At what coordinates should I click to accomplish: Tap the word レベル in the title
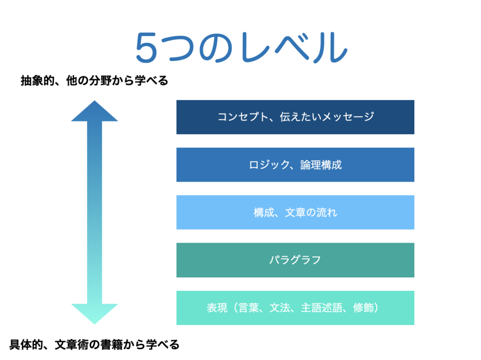click(x=295, y=47)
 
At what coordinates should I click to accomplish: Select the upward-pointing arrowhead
click(x=94, y=111)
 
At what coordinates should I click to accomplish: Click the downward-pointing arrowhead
click(x=94, y=314)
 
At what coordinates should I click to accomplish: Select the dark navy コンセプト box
click(x=295, y=117)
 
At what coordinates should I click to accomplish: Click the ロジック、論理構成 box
click(x=295, y=165)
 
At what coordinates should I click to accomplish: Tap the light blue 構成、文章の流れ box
click(x=295, y=212)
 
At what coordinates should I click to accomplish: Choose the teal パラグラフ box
click(x=295, y=260)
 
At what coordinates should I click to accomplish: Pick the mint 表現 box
click(x=295, y=308)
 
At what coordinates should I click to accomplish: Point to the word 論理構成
click(x=321, y=165)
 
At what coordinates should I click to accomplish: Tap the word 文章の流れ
click(x=311, y=213)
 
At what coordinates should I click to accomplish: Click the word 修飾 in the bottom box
click(x=364, y=307)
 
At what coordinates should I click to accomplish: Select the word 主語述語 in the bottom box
click(x=321, y=307)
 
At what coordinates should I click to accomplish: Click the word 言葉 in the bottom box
click(x=248, y=307)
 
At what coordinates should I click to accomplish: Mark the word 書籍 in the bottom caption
click(x=111, y=345)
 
